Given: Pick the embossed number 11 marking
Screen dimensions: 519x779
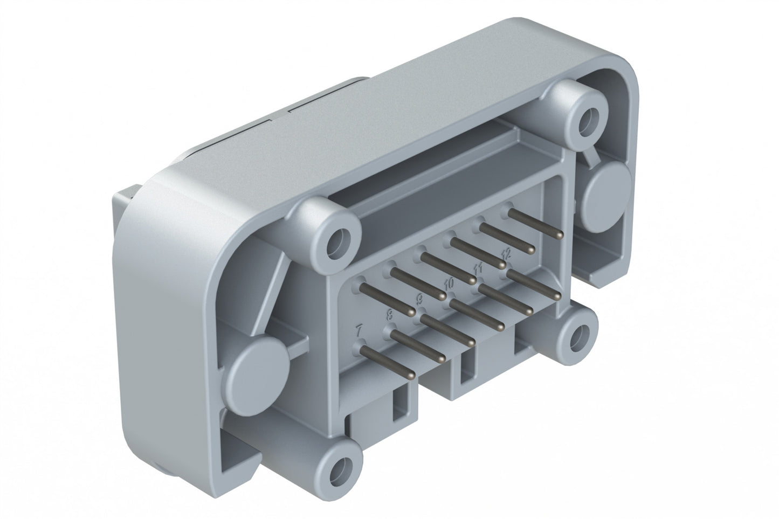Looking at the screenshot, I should pos(477,267).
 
